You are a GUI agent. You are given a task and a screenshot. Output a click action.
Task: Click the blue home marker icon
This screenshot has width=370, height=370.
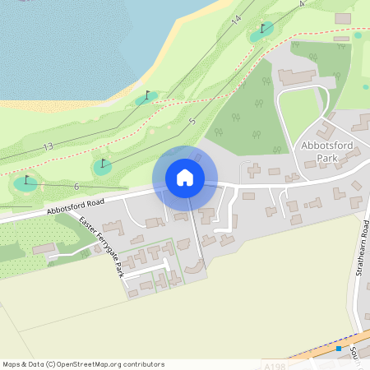(x=185, y=178)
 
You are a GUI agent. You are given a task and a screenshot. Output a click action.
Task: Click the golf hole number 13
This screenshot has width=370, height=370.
(x=47, y=146)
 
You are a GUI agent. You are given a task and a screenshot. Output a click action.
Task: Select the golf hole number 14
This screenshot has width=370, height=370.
(x=238, y=18)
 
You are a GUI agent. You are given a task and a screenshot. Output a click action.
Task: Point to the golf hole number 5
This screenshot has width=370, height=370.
(x=192, y=121)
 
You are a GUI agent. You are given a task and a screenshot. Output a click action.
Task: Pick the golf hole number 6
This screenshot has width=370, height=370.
(x=76, y=187)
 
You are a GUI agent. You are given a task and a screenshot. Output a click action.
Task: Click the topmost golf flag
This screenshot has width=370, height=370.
(x=263, y=29)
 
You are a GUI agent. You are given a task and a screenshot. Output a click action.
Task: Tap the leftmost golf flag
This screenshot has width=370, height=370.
(x=26, y=180)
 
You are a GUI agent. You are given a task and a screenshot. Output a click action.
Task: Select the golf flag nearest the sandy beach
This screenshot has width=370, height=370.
(x=148, y=95)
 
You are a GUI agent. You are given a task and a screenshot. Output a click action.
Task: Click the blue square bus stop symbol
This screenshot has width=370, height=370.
(x=338, y=349)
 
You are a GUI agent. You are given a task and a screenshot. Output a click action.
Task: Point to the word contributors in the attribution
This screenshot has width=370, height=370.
(x=142, y=364)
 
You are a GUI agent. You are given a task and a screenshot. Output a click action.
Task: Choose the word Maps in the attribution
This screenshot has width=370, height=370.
(x=12, y=364)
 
